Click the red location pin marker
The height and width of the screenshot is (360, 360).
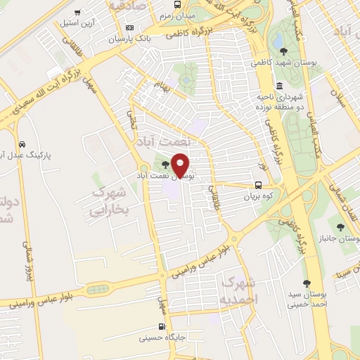tap(181, 166)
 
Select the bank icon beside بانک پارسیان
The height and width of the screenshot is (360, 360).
tap(129, 27)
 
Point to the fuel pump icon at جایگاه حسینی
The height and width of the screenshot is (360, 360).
tap(163, 327)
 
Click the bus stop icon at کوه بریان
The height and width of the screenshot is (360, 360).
tap(259, 186)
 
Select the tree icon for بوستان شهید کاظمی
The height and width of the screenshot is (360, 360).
tap(283, 51)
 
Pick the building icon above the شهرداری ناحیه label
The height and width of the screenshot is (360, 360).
tap(279, 85)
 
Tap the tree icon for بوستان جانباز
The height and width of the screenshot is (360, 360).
tap(340, 226)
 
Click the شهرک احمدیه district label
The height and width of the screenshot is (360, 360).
tap(239, 290)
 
